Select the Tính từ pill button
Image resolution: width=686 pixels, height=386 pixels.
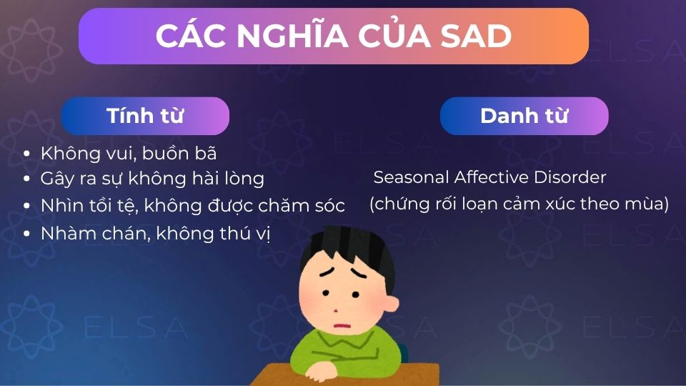click(145, 116)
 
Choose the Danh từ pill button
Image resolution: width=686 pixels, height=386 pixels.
click(524, 116)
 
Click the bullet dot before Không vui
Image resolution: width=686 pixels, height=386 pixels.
click(27, 154)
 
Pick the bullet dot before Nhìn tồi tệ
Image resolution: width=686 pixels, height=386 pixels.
click(27, 207)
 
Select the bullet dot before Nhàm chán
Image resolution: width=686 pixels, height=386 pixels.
click(27, 234)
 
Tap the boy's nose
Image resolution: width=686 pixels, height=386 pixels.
click(335, 310)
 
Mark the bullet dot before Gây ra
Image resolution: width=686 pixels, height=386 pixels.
click(27, 179)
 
